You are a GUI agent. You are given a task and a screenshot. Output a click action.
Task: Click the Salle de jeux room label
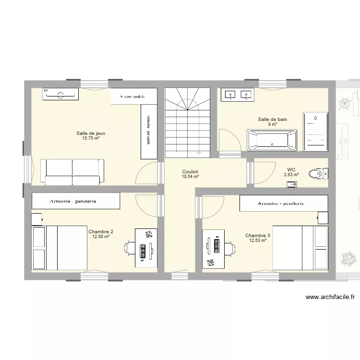(x=91, y=133)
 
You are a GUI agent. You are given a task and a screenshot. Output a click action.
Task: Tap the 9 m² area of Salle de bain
(x=272, y=124)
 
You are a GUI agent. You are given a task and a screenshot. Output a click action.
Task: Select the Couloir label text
(x=190, y=171)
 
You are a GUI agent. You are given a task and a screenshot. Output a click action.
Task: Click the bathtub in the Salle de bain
(x=272, y=140)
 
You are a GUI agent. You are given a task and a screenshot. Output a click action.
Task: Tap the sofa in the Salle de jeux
(x=72, y=171)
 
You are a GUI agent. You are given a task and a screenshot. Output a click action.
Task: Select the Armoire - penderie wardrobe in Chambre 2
(x=76, y=201)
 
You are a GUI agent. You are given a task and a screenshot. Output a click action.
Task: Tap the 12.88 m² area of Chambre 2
(x=101, y=236)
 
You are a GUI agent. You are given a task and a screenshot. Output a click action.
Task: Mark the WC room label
(x=291, y=169)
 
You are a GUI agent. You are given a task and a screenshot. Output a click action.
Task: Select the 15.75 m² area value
(x=91, y=138)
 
